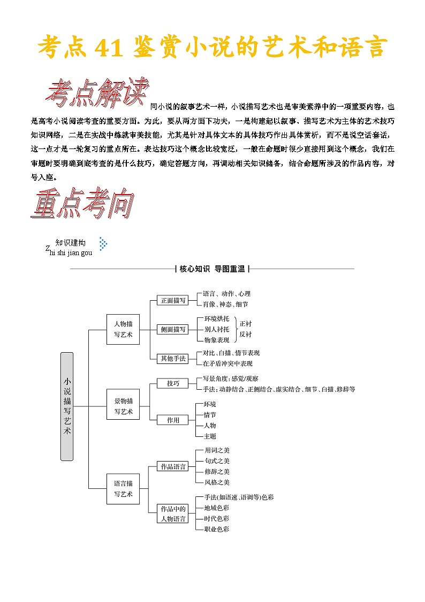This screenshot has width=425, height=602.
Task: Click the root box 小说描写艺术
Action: [67, 406]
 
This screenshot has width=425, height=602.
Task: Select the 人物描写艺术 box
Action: [123, 329]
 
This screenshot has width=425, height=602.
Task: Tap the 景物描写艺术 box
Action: [123, 406]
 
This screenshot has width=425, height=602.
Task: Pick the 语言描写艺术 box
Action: [123, 488]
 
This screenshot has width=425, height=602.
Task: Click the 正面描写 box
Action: [173, 300]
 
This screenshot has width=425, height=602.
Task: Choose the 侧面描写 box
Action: [173, 329]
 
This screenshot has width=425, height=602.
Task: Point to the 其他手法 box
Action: [173, 358]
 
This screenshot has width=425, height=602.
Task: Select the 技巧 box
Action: [173, 383]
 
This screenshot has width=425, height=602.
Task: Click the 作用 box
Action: [173, 420]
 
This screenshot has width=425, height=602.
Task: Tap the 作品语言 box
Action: [173, 466]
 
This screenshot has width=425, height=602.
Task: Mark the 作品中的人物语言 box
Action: [173, 514]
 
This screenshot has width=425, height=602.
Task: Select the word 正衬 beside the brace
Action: [245, 324]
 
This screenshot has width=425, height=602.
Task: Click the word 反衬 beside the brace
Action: [245, 335]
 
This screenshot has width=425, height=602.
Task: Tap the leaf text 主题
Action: [210, 436]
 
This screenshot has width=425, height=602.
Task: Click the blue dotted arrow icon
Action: [103, 244]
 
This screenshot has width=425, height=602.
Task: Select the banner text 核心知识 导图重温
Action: [212, 269]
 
